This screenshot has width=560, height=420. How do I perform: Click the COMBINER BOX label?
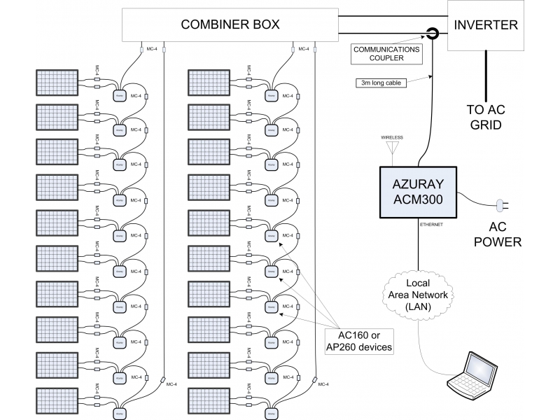click(230, 24)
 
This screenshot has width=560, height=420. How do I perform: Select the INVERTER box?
click(486, 25)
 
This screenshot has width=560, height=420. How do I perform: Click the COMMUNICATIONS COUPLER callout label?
click(386, 54)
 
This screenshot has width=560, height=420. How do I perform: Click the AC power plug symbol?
click(502, 206)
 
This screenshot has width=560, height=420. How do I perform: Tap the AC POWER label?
click(498, 234)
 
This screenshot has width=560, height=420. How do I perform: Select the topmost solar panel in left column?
click(59, 81)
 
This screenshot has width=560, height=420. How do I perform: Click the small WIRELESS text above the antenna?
click(392, 137)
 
